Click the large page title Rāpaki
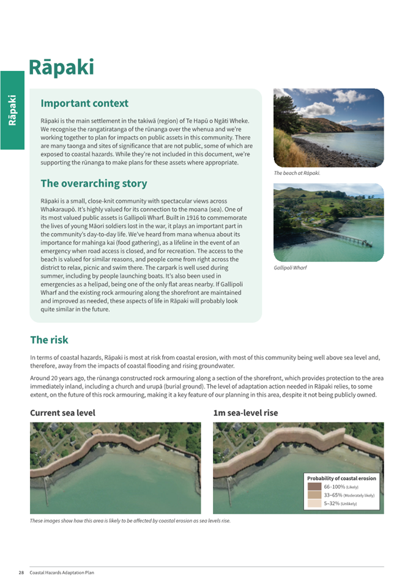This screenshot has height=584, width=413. (x=61, y=67)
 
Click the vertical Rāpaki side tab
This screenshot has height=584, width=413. (x=12, y=110)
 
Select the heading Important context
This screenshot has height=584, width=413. (x=84, y=103)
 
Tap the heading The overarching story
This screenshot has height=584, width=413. (x=94, y=183)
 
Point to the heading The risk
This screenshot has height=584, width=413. (x=49, y=339)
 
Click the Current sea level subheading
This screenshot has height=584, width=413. (x=62, y=413)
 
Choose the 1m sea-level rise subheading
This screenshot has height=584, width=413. (x=245, y=413)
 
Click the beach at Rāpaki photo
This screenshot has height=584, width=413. (x=329, y=128)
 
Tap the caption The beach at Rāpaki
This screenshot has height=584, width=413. (x=297, y=173)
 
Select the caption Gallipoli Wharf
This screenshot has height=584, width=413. (x=291, y=268)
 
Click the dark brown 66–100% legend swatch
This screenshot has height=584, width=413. (x=314, y=487)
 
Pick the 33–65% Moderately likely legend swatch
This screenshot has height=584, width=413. (x=314, y=495)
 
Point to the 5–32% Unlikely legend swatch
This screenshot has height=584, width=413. (x=314, y=504)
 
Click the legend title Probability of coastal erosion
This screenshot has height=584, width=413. (x=341, y=478)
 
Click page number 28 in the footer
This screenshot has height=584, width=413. (x=21, y=572)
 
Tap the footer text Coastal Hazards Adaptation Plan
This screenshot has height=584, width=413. (x=62, y=572)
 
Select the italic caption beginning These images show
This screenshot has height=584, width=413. (x=130, y=521)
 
